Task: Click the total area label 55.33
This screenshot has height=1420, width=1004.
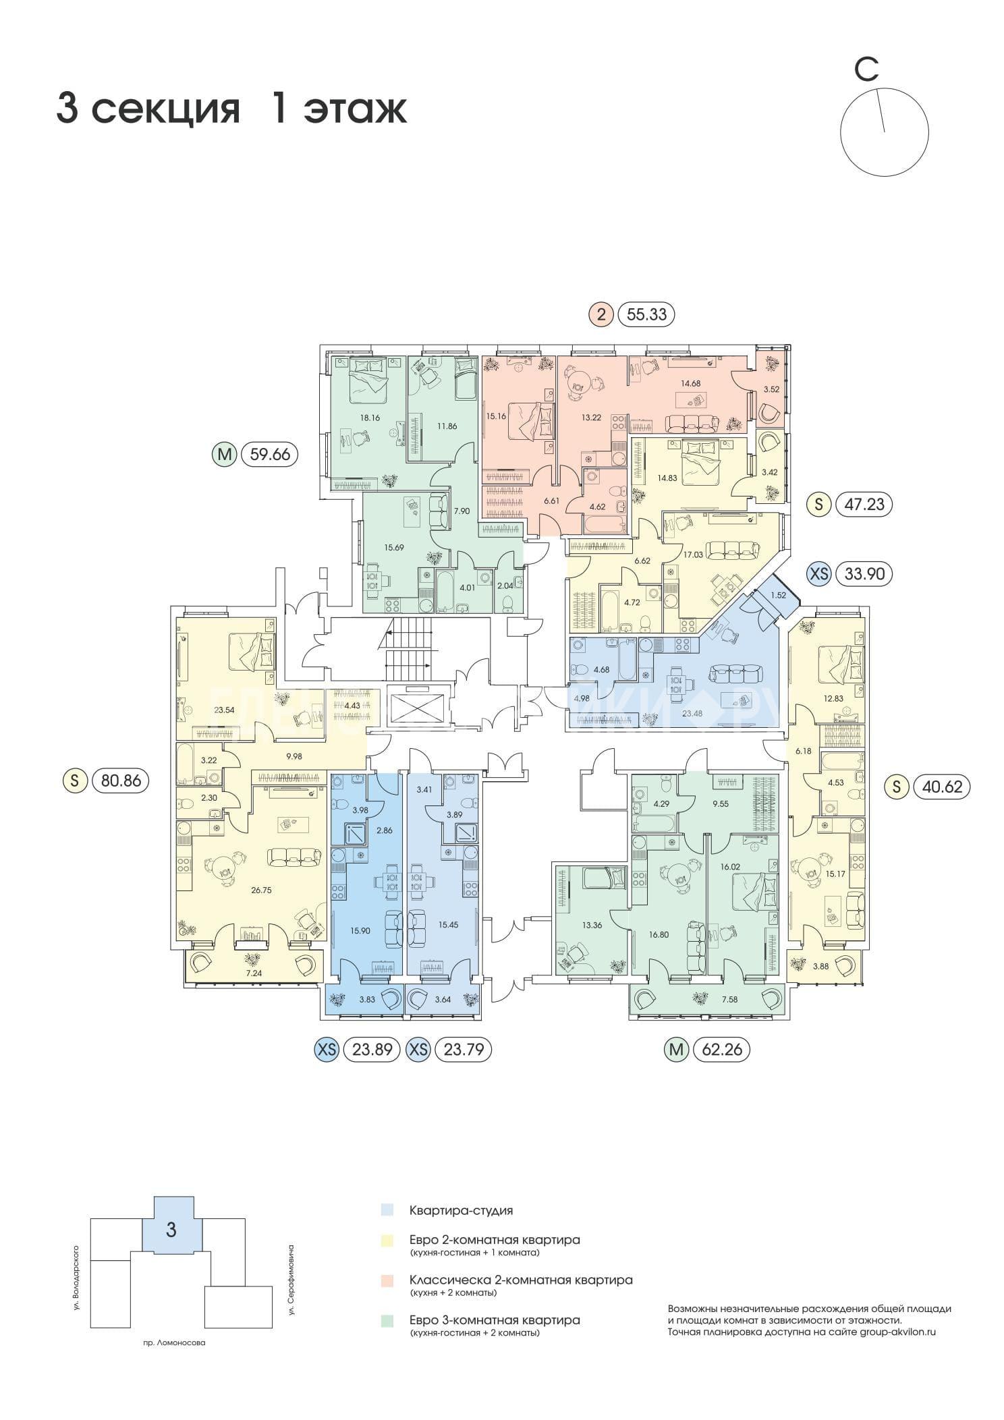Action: [x=646, y=314]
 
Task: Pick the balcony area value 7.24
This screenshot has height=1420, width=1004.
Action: [x=254, y=974]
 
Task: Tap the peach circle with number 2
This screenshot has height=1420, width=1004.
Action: [x=601, y=314]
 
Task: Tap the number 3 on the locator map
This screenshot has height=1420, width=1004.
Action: [x=171, y=1229]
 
